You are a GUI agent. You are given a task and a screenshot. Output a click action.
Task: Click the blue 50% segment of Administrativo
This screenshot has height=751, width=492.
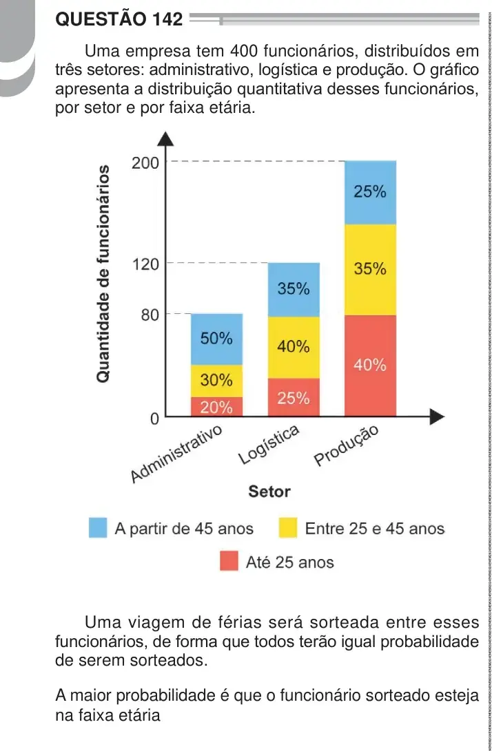pos(217,339)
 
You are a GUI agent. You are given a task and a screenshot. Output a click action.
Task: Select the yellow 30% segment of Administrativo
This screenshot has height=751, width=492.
pos(217,381)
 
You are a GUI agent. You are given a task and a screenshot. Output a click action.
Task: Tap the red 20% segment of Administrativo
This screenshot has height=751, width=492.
pos(217,407)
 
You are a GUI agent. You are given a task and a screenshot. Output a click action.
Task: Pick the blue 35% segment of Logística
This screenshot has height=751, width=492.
pos(294,290)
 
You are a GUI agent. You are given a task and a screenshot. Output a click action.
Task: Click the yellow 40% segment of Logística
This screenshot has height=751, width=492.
pos(294,348)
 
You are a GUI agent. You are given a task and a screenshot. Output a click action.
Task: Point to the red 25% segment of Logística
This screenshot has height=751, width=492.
pos(294,398)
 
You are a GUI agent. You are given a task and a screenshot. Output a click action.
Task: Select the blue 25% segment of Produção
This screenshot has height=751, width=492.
pos(370,193)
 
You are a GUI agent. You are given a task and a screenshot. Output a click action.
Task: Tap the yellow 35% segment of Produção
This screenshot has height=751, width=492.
pos(370,270)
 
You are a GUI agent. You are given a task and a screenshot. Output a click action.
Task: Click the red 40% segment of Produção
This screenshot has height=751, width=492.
pos(370,366)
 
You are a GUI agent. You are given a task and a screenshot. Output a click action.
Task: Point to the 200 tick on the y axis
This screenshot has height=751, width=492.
pos(145,163)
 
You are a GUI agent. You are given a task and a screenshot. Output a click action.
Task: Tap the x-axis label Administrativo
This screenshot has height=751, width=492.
pos(177,452)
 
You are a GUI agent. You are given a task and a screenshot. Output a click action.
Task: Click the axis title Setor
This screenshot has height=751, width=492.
pos(269,491)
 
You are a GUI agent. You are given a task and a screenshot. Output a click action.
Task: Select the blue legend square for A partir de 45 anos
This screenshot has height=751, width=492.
pos(98,528)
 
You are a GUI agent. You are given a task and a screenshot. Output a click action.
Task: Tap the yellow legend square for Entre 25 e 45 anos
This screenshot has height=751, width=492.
pos(288,528)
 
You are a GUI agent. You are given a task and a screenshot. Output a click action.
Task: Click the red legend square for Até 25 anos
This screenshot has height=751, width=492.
pos(229,561)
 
